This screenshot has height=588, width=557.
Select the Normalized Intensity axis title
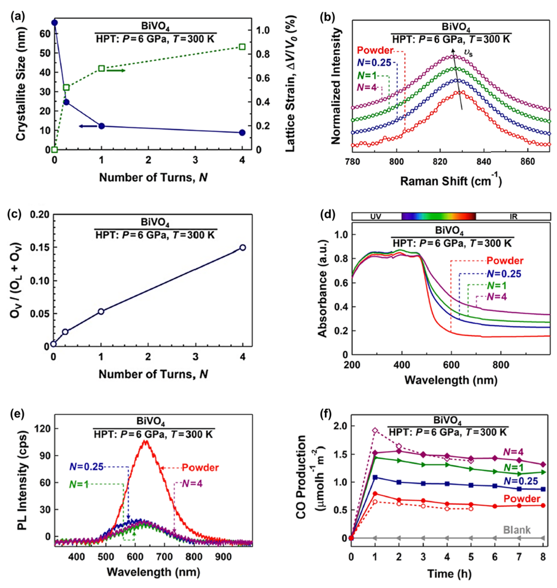[x=335, y=86]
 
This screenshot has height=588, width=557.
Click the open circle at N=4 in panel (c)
[x=243, y=247]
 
